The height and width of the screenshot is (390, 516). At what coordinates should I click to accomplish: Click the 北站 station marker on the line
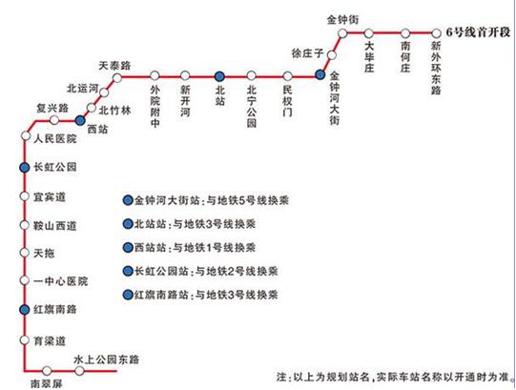[219, 76]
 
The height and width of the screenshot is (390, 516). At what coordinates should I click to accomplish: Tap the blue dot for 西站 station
[80, 120]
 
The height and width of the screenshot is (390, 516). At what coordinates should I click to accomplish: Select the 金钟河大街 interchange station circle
[320, 74]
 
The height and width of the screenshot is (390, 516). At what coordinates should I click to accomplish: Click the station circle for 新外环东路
[436, 33]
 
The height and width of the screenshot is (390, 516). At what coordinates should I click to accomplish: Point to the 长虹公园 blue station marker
[25, 168]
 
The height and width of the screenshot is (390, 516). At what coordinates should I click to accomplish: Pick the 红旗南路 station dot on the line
[25, 309]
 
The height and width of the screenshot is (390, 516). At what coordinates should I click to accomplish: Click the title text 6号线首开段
[478, 32]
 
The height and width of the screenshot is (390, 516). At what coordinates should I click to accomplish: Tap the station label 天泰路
[114, 66]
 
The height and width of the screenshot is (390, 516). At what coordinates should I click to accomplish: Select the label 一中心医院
[60, 281]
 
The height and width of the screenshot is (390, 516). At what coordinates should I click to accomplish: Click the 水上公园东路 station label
[107, 359]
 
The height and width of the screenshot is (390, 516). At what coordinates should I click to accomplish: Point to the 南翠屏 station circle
[47, 371]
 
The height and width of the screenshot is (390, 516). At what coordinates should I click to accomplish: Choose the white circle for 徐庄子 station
[332, 55]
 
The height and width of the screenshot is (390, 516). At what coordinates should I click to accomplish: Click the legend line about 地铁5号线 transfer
[206, 200]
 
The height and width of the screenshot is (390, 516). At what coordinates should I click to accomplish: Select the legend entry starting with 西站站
[189, 248]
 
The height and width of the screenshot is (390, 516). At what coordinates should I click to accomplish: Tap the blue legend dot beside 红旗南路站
[128, 295]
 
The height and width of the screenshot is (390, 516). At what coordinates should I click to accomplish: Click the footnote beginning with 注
[393, 377]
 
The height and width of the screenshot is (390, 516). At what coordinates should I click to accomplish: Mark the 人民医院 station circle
[26, 135]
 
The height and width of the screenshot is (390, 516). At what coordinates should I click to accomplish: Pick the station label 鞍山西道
[55, 226]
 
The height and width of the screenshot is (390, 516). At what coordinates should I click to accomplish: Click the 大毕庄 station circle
[368, 33]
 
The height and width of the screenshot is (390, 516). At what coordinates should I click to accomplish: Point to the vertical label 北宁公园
[252, 106]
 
